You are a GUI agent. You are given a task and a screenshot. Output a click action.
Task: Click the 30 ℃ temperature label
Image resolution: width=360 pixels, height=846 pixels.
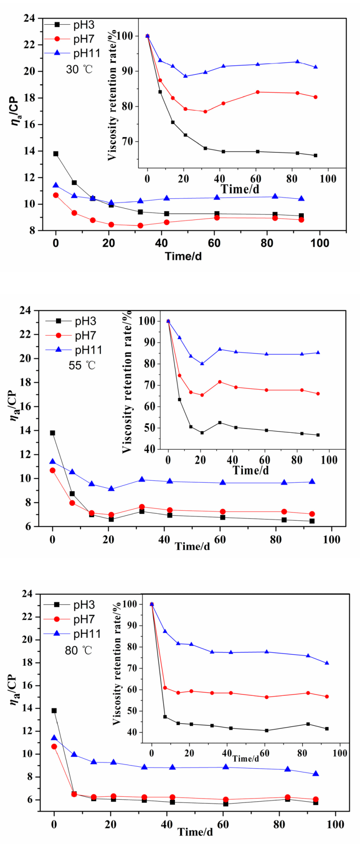79,69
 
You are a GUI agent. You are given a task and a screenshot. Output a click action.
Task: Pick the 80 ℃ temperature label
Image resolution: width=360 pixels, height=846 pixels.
79,650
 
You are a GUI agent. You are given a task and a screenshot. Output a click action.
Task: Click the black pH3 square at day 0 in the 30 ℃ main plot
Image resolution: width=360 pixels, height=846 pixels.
56,154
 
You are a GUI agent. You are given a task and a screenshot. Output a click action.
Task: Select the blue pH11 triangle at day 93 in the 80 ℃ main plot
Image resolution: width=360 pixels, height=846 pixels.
316,774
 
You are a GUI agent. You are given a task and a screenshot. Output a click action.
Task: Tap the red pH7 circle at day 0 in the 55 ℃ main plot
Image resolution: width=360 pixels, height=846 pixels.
52,470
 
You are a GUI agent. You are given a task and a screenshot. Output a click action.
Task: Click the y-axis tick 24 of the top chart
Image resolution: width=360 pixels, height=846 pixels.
30,18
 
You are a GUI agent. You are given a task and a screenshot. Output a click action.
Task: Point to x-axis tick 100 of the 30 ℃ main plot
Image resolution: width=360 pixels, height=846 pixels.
319,243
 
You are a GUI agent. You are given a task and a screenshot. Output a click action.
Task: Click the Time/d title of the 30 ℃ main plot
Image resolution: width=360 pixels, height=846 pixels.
184,256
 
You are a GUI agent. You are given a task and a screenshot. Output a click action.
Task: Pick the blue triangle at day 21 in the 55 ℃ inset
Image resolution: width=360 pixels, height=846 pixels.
202,364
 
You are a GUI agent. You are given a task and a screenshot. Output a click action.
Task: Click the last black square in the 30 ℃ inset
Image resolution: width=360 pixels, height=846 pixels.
315,155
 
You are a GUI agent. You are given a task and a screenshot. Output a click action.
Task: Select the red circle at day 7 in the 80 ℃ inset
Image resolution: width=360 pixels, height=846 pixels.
165,688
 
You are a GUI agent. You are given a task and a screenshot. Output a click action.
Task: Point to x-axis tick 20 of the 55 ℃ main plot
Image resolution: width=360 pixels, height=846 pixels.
108,539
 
